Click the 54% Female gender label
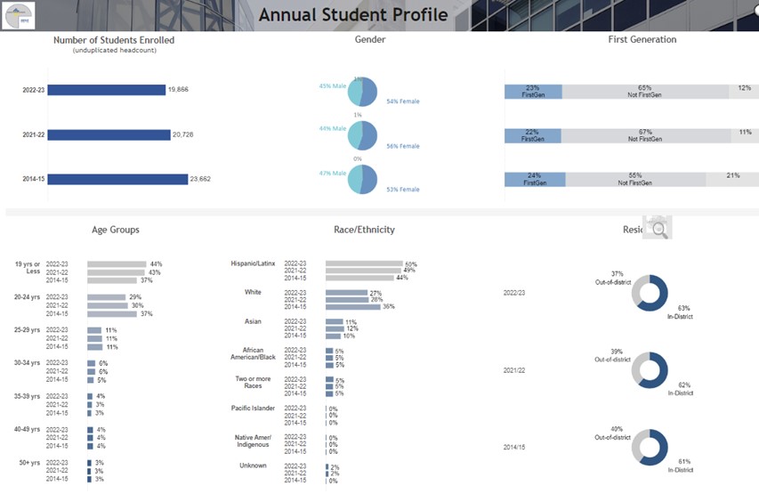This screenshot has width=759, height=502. coord(402,101)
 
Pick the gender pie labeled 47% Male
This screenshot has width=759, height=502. coord(363,179)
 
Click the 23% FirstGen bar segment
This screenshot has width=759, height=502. coord(532,92)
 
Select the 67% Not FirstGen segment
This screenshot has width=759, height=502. coord(644,135)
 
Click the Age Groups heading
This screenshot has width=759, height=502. coord(115,230)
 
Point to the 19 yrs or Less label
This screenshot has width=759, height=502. coord(27,268)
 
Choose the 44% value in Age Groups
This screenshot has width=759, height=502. coord(156,264)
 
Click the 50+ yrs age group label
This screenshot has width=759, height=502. coord(28,463)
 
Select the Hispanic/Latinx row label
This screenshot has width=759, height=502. coord(253,264)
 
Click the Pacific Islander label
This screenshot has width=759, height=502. coord(253,408)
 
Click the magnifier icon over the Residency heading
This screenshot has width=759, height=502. coord(658,229)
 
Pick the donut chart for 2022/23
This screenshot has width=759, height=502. coord(650,293)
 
